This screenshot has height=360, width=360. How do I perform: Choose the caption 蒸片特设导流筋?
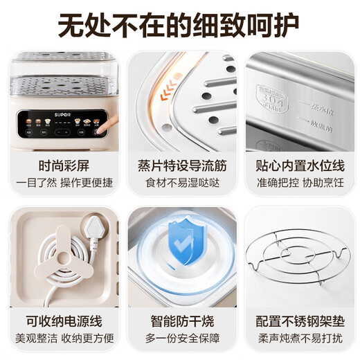181,167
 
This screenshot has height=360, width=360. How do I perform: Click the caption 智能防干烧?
181,321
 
